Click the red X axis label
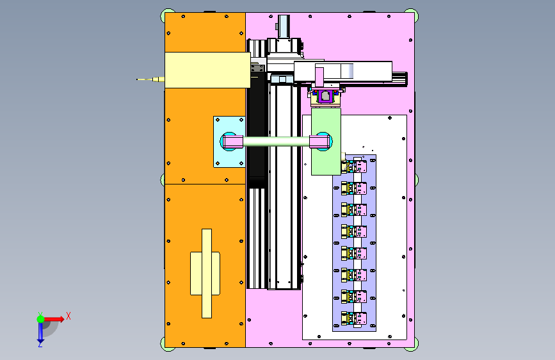tap(68, 316)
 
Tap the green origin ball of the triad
tap(41, 319)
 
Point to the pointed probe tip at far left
tap(138, 79)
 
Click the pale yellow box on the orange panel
tap(208, 70)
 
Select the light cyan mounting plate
tap(229, 142)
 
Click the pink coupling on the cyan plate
tap(233, 142)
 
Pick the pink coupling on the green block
tap(320, 142)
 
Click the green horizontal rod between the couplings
tap(277, 142)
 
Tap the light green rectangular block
tap(326, 142)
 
